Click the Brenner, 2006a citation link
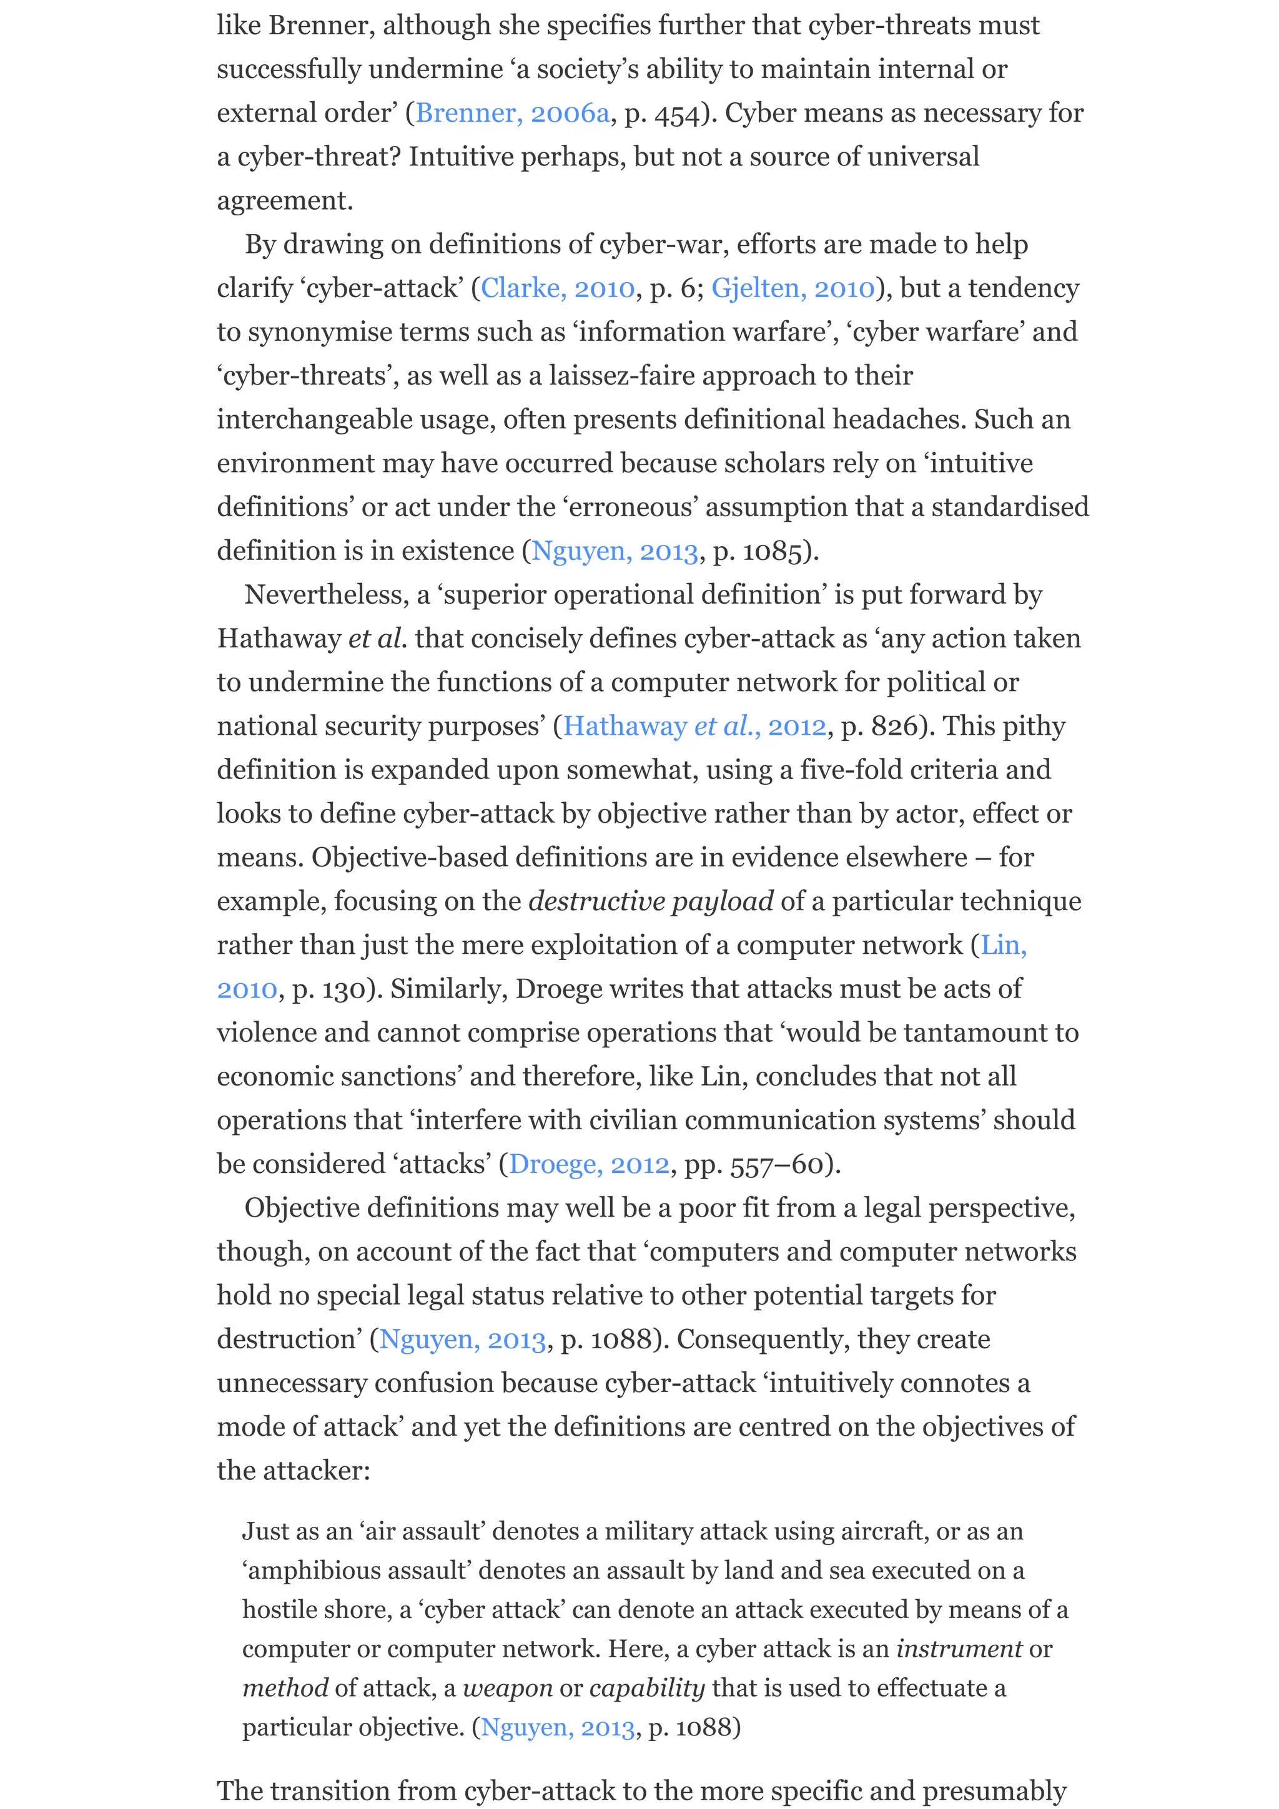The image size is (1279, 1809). (512, 114)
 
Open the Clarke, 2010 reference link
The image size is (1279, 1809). (557, 288)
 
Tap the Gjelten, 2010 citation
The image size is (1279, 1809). (792, 288)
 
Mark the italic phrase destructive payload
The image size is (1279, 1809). (650, 901)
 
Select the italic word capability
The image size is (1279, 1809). (646, 1689)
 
